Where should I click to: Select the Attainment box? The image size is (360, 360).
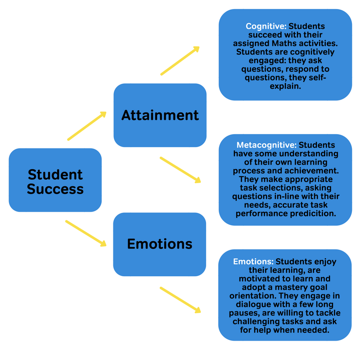pyautogui.click(x=160, y=115)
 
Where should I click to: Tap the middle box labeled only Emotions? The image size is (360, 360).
pyautogui.click(x=159, y=244)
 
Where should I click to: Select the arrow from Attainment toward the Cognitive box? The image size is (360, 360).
pyautogui.click(x=180, y=61)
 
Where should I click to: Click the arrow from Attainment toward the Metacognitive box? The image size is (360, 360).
pyautogui.click(x=180, y=169)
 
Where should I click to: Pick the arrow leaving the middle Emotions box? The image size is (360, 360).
pyautogui.click(x=180, y=299)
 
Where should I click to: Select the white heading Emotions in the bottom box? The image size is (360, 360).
pyautogui.click(x=253, y=261)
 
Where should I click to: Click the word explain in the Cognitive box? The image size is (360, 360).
pyautogui.click(x=285, y=86)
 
